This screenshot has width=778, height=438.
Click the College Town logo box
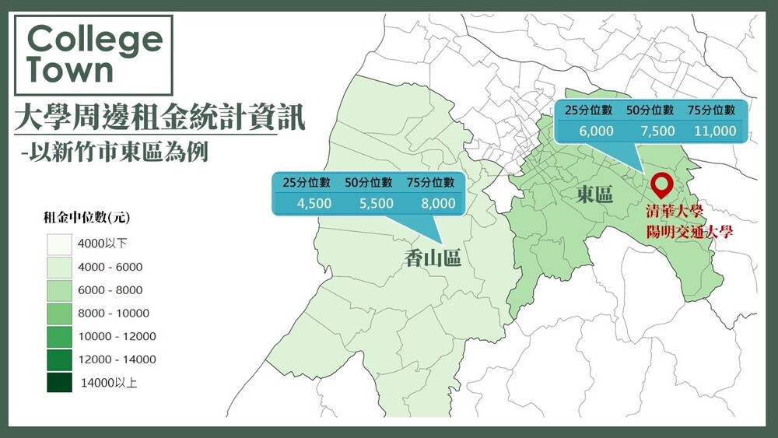coord(93,54)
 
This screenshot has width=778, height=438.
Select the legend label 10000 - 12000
coord(118,336)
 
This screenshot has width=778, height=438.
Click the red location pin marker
coord(662,185)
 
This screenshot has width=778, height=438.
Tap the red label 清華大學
coord(674,212)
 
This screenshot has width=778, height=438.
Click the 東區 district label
coord(595,194)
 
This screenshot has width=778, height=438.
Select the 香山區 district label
coord(433,258)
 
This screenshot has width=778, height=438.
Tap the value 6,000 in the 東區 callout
coord(596,131)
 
